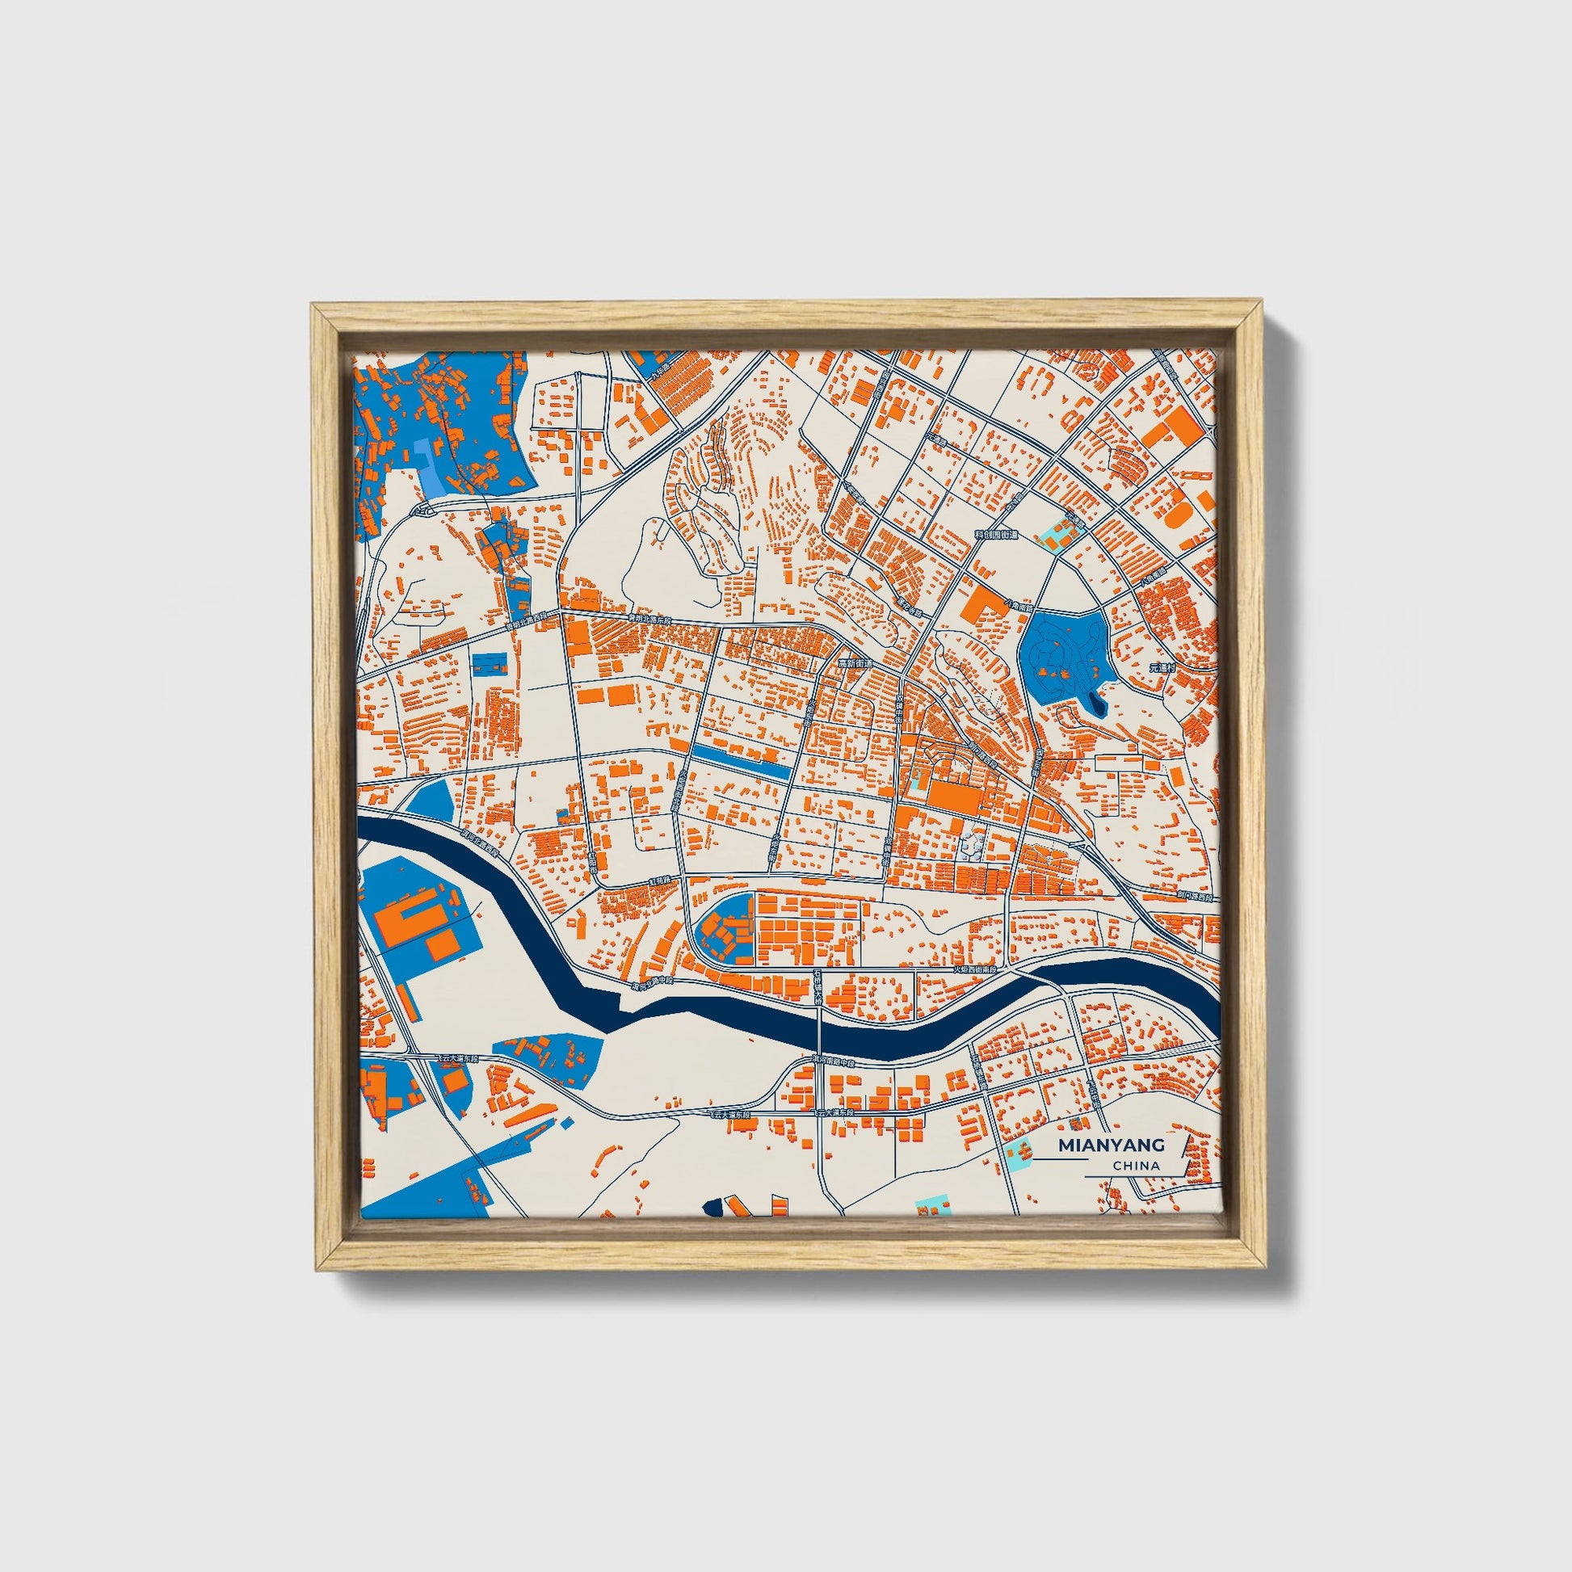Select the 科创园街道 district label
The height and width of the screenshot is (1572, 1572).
click(x=997, y=535)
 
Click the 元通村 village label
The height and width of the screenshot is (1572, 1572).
click(x=1163, y=667)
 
